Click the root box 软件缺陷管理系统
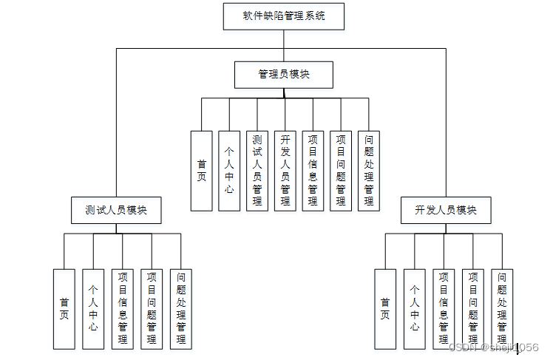pyautogui.click(x=284, y=16)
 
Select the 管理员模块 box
pyautogui.click(x=284, y=75)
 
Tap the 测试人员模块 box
pyautogui.click(x=116, y=210)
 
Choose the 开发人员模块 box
pyautogui.click(x=445, y=210)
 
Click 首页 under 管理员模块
pyautogui.click(x=202, y=171)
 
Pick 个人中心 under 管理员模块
pyautogui.click(x=229, y=171)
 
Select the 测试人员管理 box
pyautogui.click(x=257, y=171)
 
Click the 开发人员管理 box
pyautogui.click(x=285, y=171)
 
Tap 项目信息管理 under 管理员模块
pyautogui.click(x=313, y=171)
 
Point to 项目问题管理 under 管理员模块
pyautogui.click(x=341, y=171)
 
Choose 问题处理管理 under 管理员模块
pyautogui.click(x=369, y=171)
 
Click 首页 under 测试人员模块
pyautogui.click(x=64, y=309)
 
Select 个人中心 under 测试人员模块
pyautogui.click(x=93, y=309)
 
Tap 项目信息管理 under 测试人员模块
pyautogui.click(x=123, y=309)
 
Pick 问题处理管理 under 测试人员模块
pyautogui.click(x=181, y=309)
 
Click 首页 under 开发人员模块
pyautogui.click(x=385, y=309)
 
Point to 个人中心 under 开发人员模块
pyautogui.click(x=415, y=309)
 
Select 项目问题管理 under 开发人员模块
pyautogui.click(x=473, y=309)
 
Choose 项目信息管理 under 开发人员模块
pyautogui.click(x=444, y=309)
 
